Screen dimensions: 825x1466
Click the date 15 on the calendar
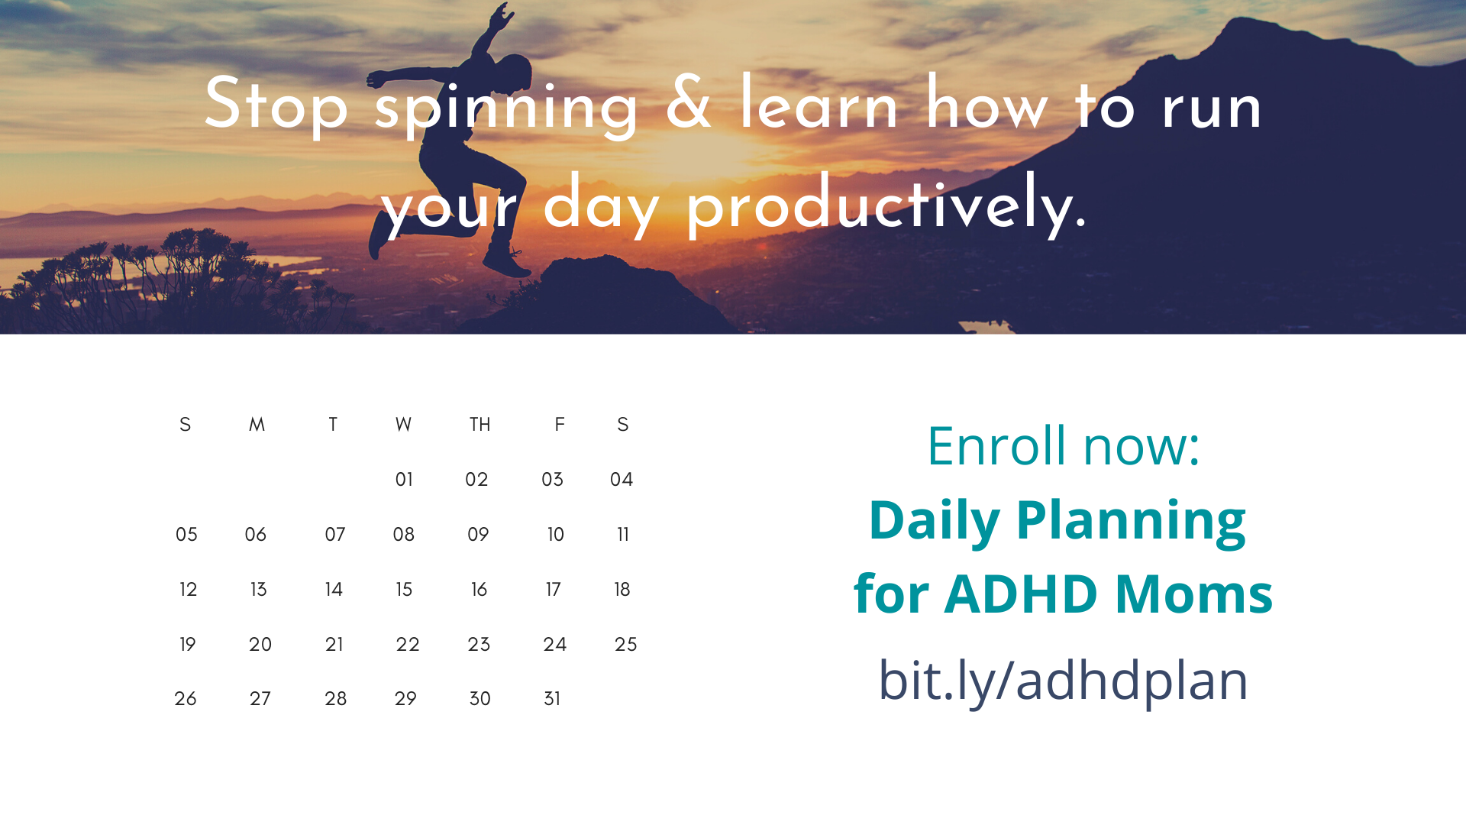pos(404,590)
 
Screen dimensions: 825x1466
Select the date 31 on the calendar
pos(552,699)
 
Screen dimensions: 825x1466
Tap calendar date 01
pos(404,480)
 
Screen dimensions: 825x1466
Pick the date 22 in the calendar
pos(408,645)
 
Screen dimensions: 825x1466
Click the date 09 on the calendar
pos(478,535)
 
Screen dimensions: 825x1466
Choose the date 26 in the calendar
pos(186,699)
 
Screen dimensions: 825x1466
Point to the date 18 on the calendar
pos(622,590)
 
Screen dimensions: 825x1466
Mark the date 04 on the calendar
pos(622,480)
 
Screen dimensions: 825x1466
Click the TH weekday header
pos(480,425)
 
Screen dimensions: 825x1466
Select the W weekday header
pos(403,425)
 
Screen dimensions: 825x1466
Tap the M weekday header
pos(257,425)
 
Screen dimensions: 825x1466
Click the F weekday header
pos(560,425)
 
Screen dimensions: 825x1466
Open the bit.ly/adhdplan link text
pos(1063,680)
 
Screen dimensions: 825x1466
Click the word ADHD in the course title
pos(1021,594)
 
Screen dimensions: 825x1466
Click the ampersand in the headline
pos(688,103)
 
